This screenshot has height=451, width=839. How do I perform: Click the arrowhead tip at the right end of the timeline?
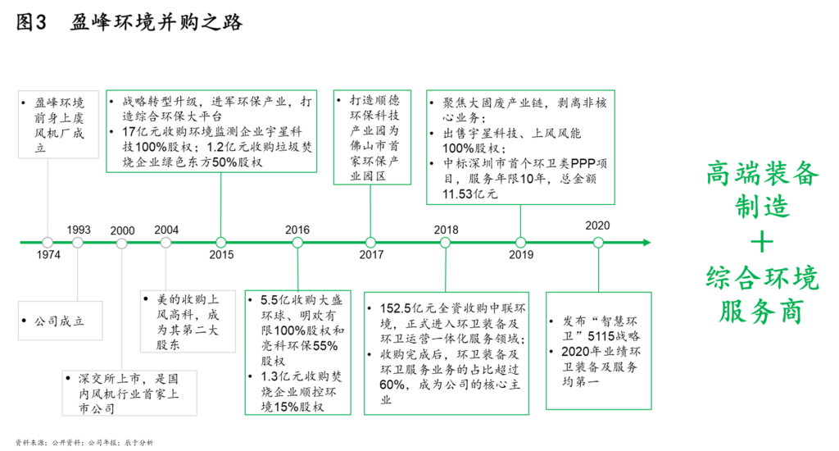click(651, 243)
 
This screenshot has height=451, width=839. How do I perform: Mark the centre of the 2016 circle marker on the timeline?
click(297, 243)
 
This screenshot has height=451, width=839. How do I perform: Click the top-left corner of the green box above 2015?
click(106, 90)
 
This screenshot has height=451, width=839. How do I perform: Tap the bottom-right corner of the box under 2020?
click(651, 410)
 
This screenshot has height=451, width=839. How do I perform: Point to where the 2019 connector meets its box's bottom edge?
click(520, 205)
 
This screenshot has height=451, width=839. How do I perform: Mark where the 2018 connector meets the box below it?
click(446, 293)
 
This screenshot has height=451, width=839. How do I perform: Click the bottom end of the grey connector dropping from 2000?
click(121, 371)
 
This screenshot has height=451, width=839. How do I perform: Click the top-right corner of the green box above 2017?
click(411, 90)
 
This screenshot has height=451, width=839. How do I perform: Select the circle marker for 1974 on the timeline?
click(48, 243)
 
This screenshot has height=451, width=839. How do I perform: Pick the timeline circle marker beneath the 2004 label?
click(166, 243)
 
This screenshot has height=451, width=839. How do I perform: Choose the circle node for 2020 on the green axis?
click(598, 243)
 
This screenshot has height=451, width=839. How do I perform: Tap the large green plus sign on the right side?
click(762, 243)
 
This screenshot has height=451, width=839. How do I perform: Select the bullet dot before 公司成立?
click(24, 321)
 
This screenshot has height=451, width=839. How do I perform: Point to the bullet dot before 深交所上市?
click(68, 378)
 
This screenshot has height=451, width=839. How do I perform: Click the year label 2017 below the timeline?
click(371, 255)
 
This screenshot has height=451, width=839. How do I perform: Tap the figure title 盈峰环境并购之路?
click(156, 22)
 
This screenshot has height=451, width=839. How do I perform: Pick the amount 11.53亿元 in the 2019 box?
click(469, 194)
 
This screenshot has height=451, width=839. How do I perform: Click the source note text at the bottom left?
click(84, 443)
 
